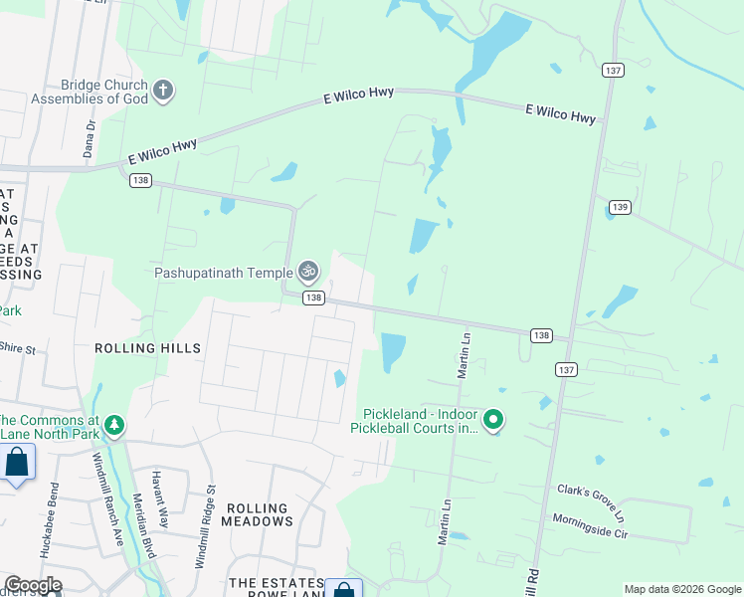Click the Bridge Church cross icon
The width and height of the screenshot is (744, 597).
point(163,92)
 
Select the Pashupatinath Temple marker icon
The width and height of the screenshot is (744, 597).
point(308,271)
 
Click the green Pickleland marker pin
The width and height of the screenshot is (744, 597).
point(494,422)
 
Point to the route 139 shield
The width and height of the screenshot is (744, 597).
point(620,207)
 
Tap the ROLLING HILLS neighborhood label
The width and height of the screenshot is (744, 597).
point(147,348)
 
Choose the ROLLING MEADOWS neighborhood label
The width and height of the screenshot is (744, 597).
point(257,514)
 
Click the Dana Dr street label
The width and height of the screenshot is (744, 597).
point(89,139)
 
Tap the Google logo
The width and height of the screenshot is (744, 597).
point(33,585)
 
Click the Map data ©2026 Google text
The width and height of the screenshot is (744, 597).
point(681,589)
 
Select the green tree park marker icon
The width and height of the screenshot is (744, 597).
point(114,426)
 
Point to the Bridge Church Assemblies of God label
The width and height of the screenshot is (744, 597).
point(90,92)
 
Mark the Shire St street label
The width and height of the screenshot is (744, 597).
point(17,349)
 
